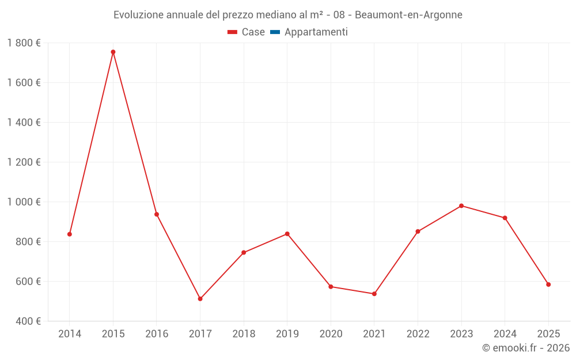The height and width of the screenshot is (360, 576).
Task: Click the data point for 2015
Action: tap(113, 52)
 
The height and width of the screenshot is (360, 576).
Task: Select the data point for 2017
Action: tap(200, 299)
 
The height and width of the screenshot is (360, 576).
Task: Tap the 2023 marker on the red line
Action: tap(461, 206)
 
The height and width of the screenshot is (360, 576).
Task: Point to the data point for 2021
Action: tap(374, 294)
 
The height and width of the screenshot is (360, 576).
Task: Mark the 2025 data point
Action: tap(548, 285)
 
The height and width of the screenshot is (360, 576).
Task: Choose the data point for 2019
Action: tap(287, 234)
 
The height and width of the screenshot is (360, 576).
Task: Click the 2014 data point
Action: tap(70, 234)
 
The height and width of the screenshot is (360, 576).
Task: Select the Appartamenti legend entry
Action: tap(316, 32)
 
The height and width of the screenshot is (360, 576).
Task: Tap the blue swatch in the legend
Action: tap(275, 32)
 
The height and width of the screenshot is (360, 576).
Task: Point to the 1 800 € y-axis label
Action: tap(24, 43)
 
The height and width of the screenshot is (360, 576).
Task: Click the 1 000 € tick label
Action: tap(24, 202)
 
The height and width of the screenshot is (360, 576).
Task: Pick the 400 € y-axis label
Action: tap(28, 321)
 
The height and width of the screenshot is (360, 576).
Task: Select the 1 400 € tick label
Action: tap(24, 123)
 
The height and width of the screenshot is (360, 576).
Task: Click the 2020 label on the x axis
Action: tap(331, 334)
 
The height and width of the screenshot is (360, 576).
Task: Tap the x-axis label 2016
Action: tap(157, 334)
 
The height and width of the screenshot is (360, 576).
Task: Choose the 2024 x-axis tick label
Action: tap(505, 334)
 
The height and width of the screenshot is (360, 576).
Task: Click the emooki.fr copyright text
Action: tap(526, 348)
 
